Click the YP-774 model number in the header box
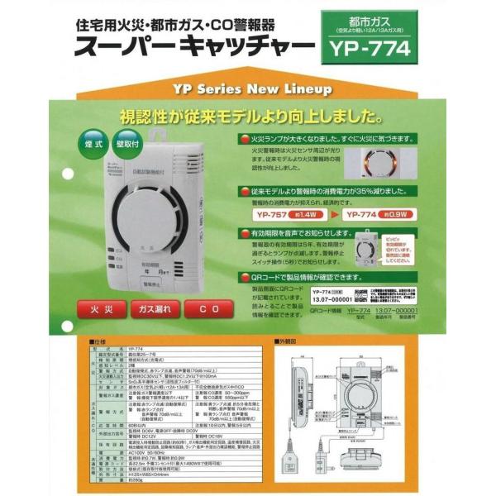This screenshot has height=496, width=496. [x=366, y=48]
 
